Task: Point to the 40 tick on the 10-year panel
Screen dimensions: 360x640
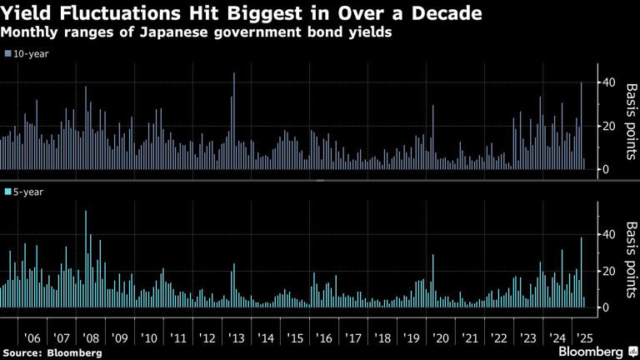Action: coord(609,82)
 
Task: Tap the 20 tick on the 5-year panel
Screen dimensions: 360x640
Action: coord(609,271)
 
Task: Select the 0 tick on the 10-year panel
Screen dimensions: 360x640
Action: coord(606,169)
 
